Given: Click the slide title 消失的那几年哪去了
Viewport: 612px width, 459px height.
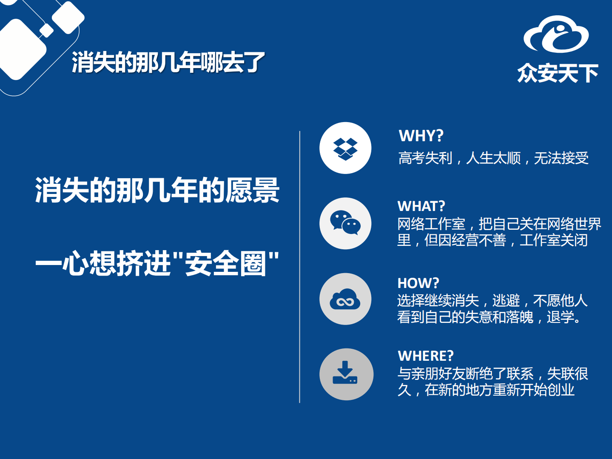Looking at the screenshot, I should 168,63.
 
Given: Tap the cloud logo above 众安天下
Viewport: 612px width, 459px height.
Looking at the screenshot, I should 556,35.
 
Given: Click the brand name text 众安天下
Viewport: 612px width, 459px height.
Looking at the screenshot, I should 558,74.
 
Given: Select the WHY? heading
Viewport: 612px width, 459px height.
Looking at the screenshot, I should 421,136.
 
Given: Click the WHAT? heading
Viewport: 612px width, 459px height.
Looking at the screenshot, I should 421,206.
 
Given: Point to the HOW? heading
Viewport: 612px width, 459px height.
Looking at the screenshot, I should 418,283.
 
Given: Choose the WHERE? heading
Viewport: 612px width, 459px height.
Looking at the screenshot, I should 426,356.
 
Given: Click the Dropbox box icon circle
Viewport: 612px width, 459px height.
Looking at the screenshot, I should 345,148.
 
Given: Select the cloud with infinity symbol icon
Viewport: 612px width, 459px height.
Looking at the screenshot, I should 345,299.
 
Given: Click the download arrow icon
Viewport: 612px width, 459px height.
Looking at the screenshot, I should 345,373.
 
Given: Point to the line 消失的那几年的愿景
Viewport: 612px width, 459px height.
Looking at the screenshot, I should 157,190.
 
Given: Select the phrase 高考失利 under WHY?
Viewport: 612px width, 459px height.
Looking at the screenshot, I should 425,158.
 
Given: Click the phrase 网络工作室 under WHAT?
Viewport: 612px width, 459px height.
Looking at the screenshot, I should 431,224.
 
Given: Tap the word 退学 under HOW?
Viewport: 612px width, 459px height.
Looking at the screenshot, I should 560,317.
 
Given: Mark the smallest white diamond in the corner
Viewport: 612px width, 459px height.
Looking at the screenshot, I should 46,31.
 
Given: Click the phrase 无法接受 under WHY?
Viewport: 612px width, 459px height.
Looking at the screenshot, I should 561,158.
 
